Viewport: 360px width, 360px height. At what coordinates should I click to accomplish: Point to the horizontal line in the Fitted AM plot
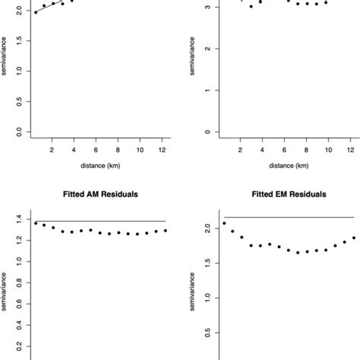pos(99,221)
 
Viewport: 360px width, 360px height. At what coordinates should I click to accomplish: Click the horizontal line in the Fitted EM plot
pos(289,217)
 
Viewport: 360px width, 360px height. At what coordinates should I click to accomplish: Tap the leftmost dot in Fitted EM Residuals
pos(224,223)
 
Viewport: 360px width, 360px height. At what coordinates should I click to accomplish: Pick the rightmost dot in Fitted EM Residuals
pos(353,238)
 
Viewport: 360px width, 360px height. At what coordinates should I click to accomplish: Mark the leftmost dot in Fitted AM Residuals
pos(36,223)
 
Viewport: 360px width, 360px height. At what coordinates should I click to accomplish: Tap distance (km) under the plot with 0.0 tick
pos(99,165)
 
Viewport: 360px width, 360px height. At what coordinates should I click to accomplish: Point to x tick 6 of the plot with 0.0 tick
pos(95,150)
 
